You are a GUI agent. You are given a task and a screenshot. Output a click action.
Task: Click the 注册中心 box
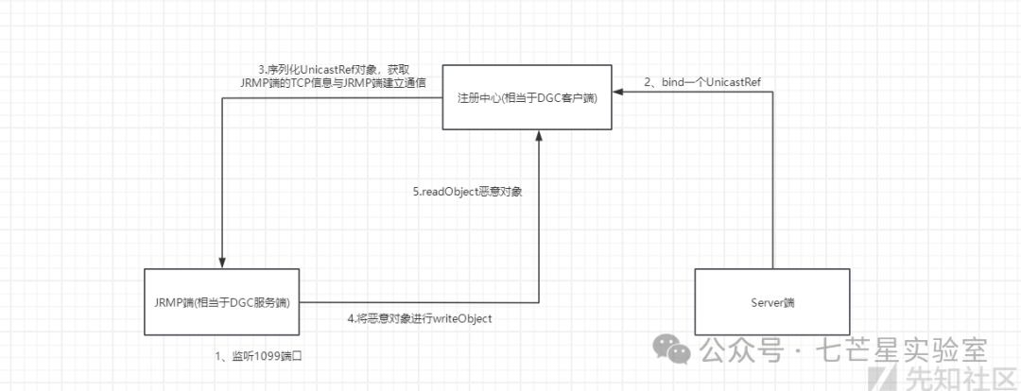point(528,98)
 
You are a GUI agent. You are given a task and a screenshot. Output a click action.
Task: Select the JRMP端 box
point(223,302)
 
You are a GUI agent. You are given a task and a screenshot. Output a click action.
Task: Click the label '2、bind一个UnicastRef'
point(703,82)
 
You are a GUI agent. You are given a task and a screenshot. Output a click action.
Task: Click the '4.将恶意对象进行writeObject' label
point(420,318)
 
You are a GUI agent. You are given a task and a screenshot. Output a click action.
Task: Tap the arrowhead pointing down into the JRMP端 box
point(223,263)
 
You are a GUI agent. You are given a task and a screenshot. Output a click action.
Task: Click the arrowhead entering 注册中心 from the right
point(617,92)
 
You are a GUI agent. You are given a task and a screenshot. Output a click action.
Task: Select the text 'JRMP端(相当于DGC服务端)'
point(223,302)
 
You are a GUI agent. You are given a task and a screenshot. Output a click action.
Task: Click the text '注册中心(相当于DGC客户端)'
point(528,98)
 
